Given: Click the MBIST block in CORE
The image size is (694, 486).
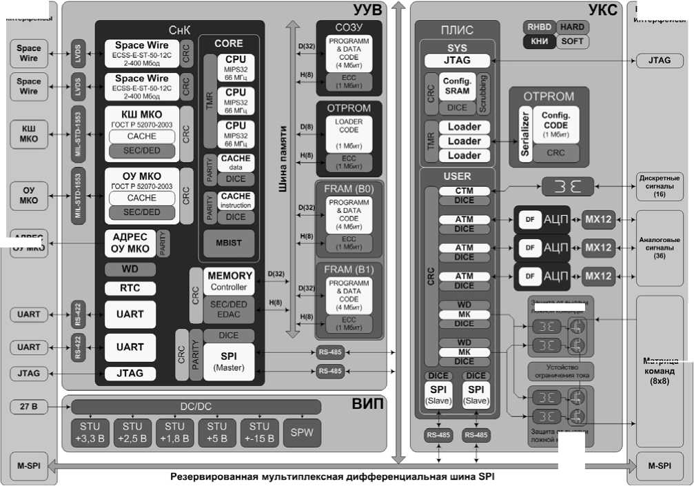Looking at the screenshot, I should [x=229, y=243].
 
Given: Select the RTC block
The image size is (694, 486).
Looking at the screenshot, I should [x=130, y=288].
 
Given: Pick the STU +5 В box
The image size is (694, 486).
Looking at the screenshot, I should [x=216, y=431].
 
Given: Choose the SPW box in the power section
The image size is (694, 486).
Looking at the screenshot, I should [x=302, y=431].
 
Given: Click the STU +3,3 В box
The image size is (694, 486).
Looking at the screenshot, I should [x=90, y=431].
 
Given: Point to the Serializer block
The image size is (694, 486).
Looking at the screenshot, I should [x=525, y=134].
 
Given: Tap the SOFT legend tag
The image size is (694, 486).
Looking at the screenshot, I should [x=572, y=41].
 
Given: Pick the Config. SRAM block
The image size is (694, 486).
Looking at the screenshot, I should [x=457, y=86].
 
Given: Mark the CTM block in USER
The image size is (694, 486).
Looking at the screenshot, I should [x=464, y=190].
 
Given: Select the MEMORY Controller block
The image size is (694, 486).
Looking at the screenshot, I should [x=229, y=281].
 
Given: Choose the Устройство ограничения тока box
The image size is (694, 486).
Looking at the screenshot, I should [x=560, y=372].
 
